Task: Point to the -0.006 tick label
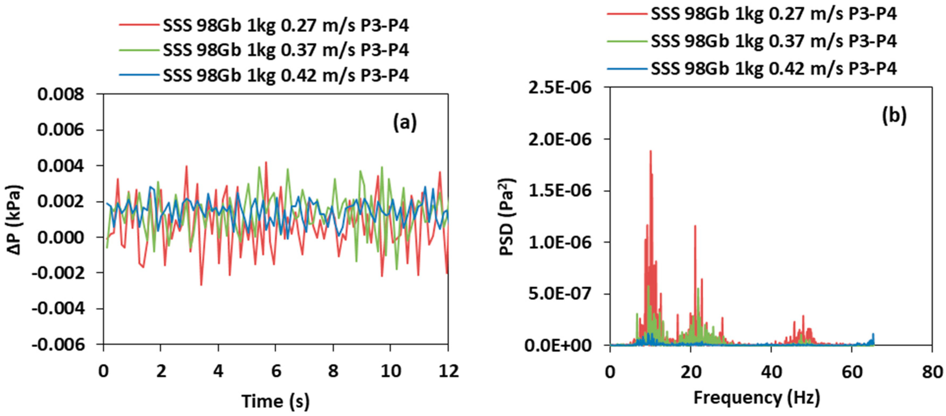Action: [58, 344]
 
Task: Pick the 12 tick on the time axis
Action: [448, 372]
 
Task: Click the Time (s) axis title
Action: [276, 401]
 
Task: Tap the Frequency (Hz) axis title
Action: [757, 398]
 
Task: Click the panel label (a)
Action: [405, 122]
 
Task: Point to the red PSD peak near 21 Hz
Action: [695, 227]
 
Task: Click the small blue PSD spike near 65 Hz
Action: [873, 334]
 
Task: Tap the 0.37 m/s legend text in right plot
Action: [774, 41]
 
